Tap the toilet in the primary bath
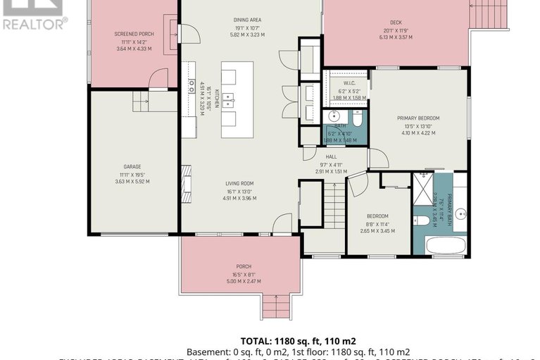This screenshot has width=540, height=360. tap(422, 221)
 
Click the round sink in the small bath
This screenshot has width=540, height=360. tap(334, 117)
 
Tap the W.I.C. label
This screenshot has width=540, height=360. tap(333, 82)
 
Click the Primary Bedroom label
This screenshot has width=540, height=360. tap(417, 118)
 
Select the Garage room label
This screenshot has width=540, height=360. tap(132, 167)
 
